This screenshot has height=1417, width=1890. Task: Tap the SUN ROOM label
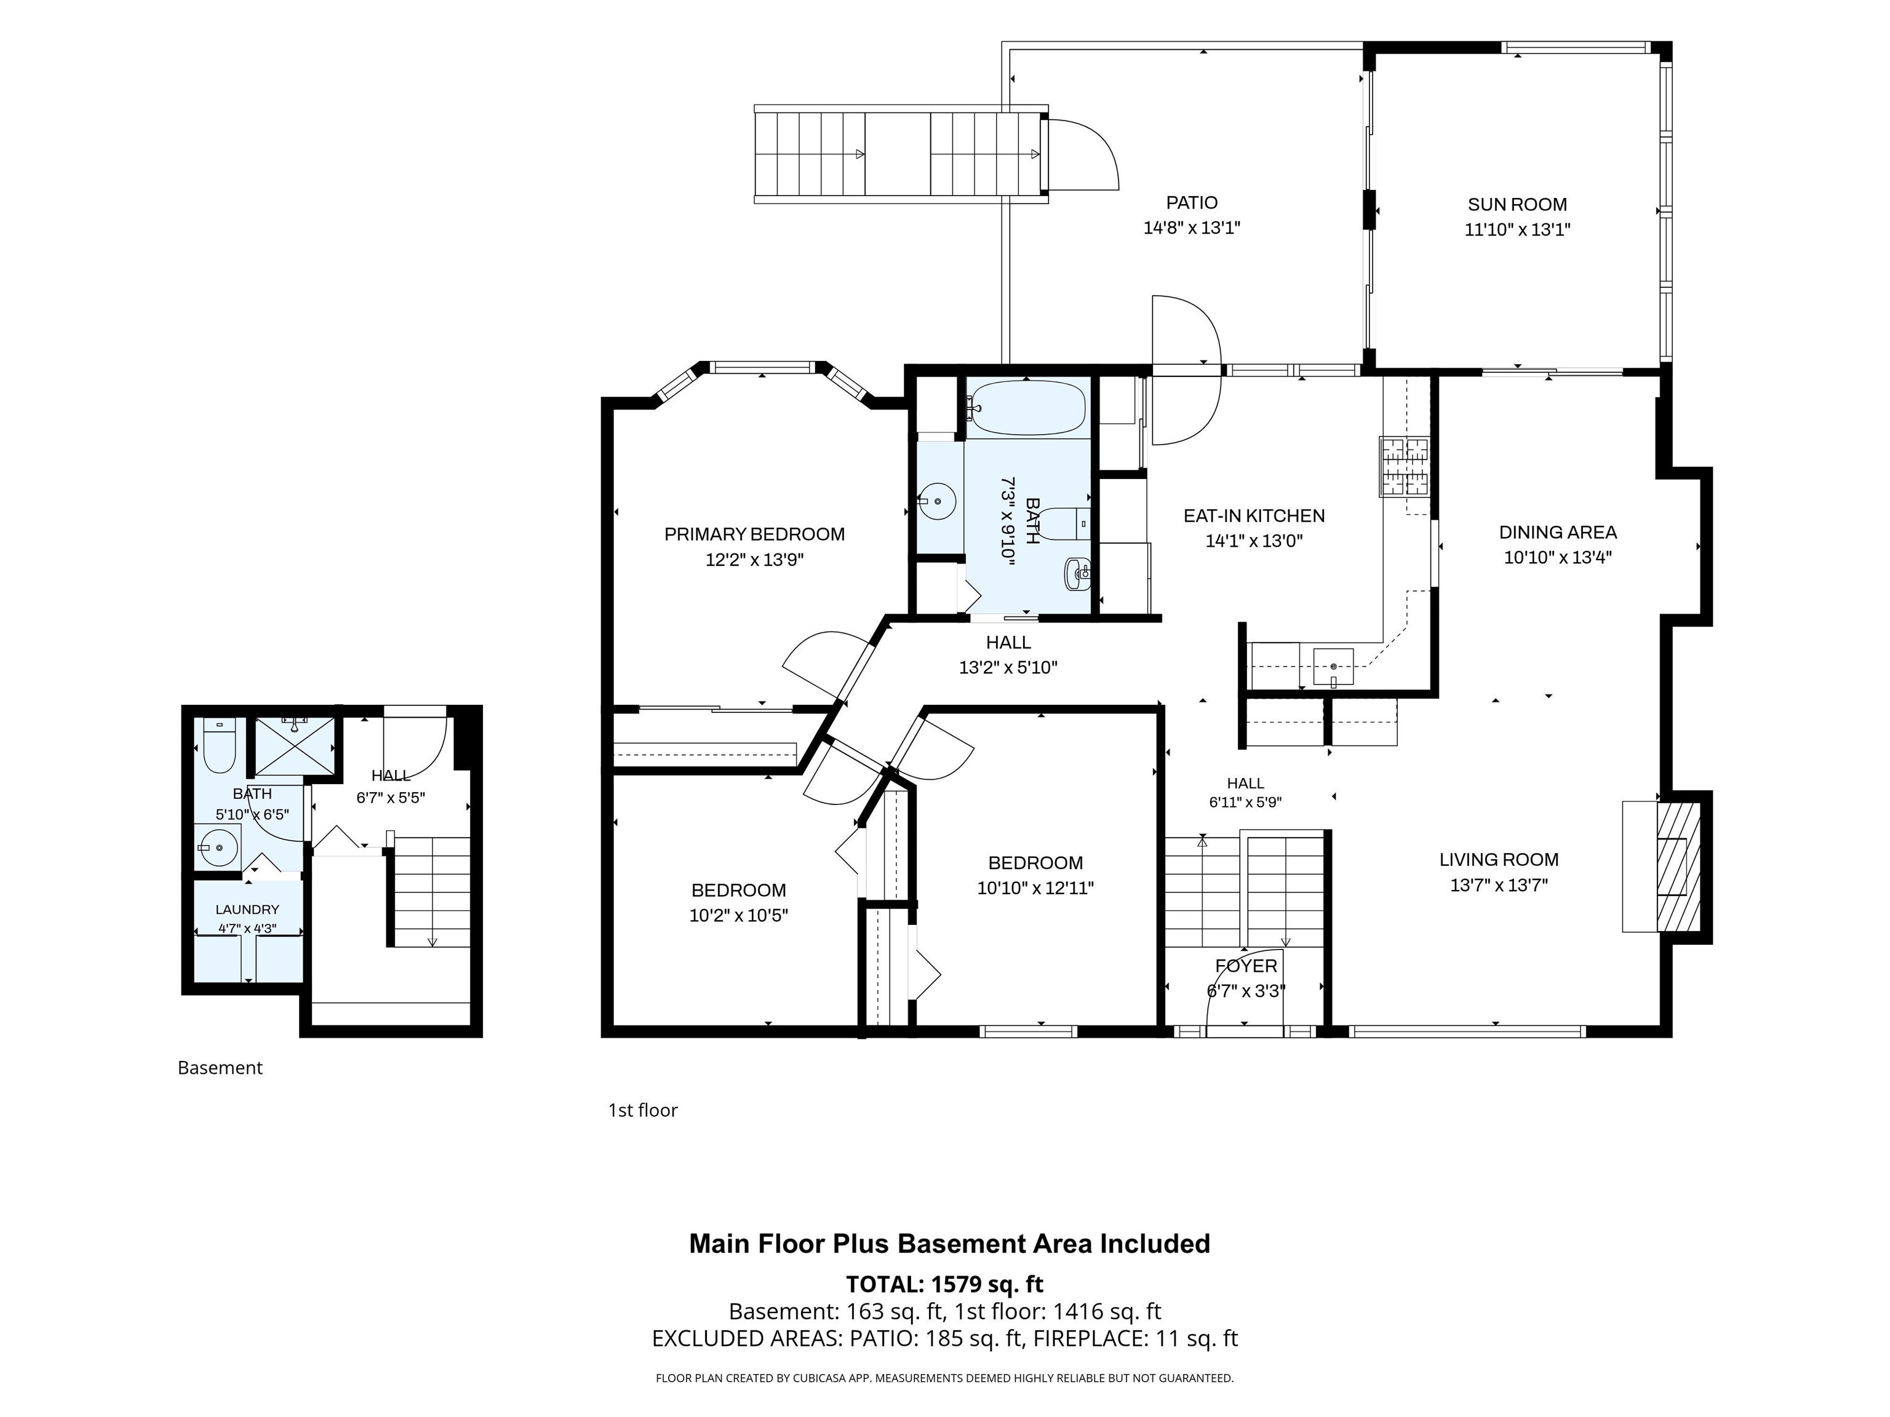1517,205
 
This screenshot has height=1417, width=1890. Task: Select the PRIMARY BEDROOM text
754,534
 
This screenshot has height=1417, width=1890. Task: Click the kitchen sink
1333,666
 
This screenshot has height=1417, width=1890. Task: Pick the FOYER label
1246,966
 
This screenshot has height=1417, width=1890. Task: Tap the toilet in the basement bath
220,745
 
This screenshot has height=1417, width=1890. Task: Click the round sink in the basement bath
219,847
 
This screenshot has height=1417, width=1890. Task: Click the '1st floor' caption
642,1110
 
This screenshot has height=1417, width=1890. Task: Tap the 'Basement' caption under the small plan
220,1068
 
